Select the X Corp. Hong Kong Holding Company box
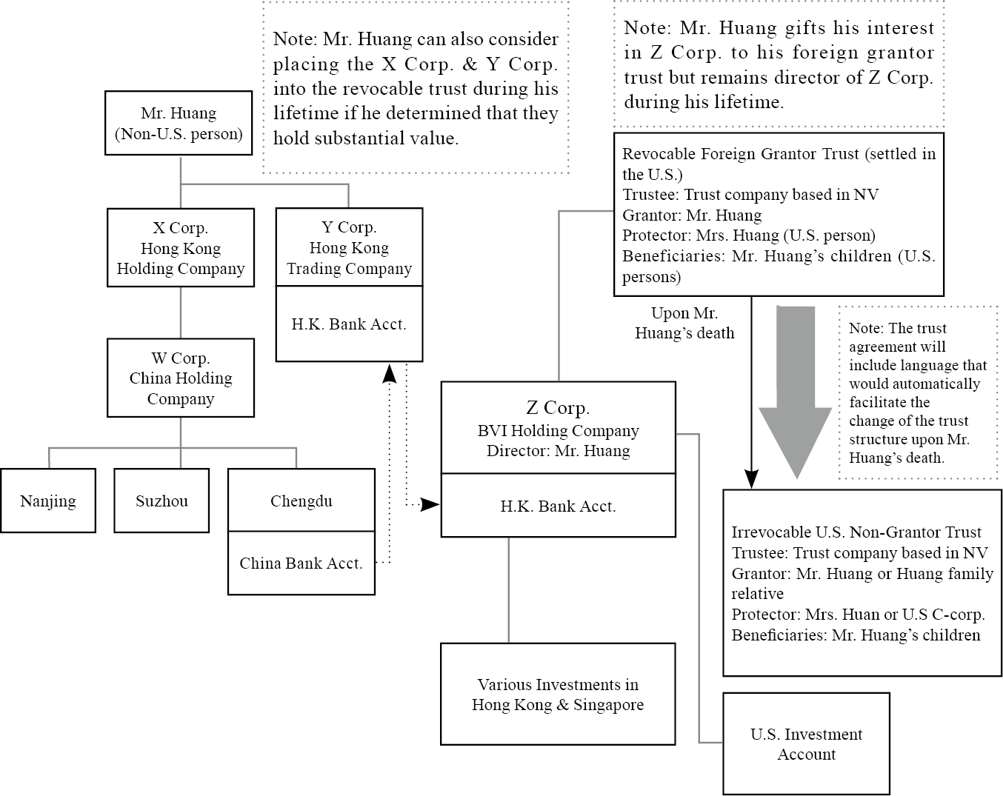coord(181,247)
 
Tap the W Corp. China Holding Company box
coord(181,378)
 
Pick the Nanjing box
coord(48,501)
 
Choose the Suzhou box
coord(161,501)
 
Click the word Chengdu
coord(301,501)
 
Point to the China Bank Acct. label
coord(301,563)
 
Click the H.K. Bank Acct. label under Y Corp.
coord(349,324)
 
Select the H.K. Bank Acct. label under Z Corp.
coord(558,506)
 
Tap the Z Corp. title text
coord(558,407)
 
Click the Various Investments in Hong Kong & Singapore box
coord(558,694)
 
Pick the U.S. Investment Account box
coord(806,743)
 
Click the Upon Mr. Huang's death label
coord(684,323)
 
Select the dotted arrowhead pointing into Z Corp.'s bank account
coord(430,505)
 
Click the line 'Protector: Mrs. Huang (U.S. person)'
coord(748,235)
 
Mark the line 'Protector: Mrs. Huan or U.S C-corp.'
coord(858,614)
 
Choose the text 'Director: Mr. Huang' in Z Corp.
coord(558,450)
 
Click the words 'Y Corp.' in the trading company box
coord(349,227)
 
